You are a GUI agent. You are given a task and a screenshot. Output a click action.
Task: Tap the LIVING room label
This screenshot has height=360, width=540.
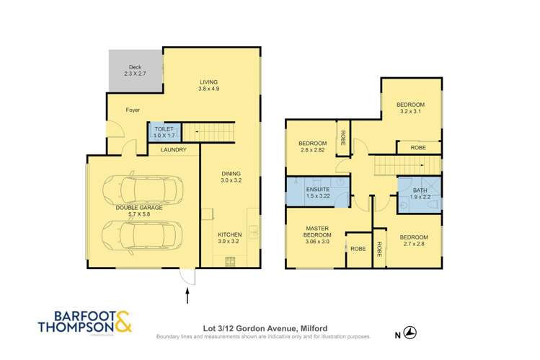[x=209, y=82]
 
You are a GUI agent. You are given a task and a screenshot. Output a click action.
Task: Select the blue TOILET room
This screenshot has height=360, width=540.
[x=159, y=131]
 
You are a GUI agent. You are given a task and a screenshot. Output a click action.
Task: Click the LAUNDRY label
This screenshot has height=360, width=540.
[x=174, y=150]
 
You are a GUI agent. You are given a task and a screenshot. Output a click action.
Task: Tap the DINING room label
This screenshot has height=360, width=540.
[x=231, y=174]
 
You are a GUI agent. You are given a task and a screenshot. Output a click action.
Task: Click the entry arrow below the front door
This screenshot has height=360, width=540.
[x=188, y=296]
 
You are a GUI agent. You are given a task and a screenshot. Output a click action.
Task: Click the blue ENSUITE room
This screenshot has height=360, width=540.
[x=317, y=192]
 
